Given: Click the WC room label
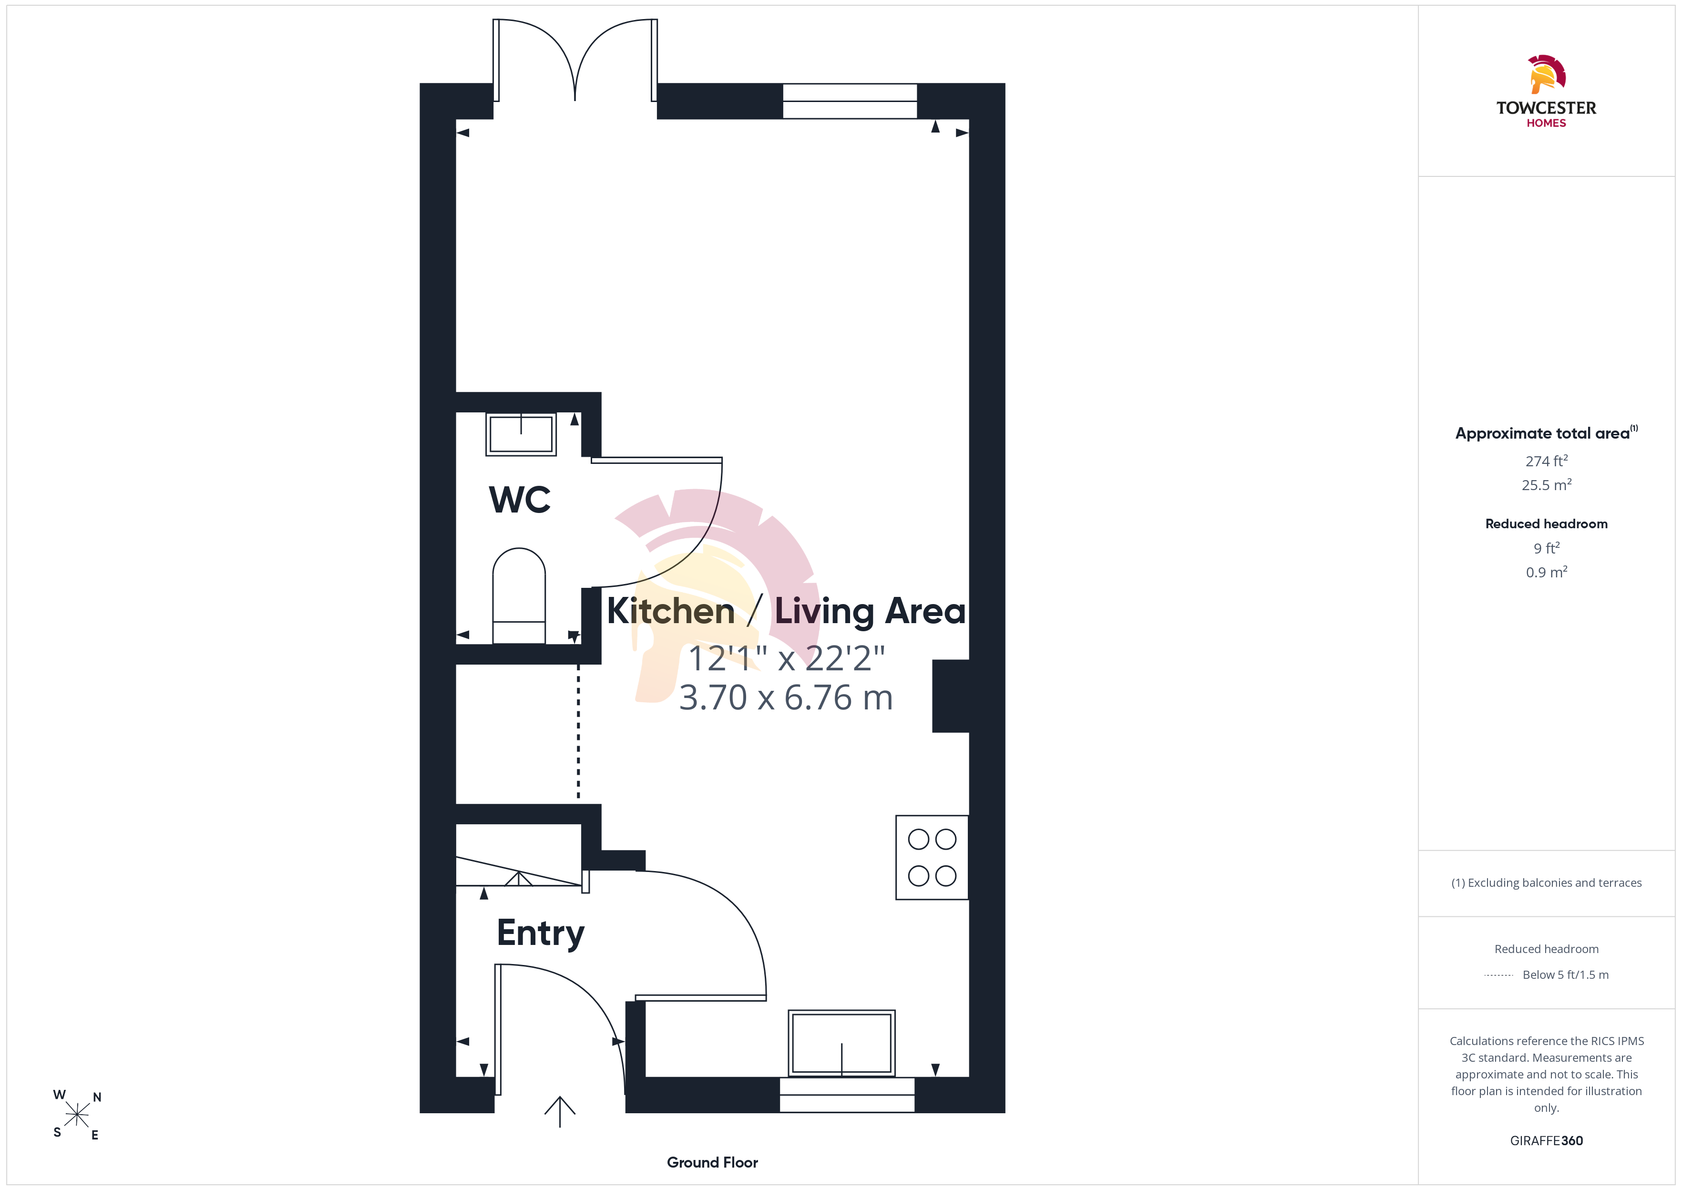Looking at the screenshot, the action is (519, 500).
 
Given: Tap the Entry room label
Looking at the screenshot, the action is (541, 934).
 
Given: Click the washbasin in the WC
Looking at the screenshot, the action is (521, 434).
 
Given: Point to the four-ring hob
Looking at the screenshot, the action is (932, 857).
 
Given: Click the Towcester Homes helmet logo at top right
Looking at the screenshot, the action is (1547, 74).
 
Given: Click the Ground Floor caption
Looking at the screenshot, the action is (712, 1162).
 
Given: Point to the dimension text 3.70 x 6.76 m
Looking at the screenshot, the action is (786, 698).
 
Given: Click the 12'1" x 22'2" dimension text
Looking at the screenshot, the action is (787, 658).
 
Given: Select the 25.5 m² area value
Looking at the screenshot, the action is (1547, 485).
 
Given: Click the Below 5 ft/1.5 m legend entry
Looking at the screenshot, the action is (1566, 975).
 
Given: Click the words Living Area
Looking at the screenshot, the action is (870, 611).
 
